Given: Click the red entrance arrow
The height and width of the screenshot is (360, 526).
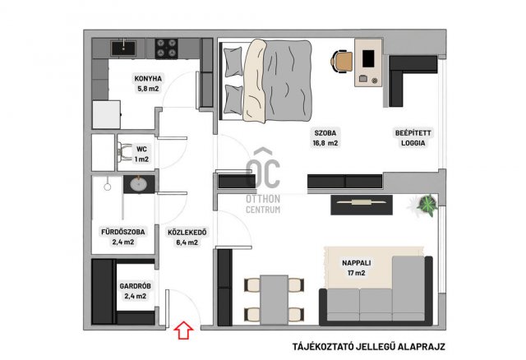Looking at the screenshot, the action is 183,330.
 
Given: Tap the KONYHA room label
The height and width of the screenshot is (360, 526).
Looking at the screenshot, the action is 148,79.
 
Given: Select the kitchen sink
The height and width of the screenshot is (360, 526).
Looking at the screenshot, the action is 123,48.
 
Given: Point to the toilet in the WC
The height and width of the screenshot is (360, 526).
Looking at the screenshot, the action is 124,153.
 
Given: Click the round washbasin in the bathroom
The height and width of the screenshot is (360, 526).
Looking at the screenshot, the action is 139,183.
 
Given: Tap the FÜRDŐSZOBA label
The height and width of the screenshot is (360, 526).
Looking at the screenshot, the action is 123,232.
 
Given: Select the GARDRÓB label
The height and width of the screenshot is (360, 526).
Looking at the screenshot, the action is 135,286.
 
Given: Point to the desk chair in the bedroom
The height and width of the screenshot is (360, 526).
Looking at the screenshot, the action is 342,61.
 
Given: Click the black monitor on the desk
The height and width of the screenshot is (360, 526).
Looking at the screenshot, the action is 368,58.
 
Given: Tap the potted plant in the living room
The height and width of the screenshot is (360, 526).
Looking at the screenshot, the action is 427,204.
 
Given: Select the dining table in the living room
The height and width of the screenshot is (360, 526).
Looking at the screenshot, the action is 274,300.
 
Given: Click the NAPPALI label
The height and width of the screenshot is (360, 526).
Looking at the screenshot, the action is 356,263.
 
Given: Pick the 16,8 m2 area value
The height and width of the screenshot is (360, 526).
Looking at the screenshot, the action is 325,143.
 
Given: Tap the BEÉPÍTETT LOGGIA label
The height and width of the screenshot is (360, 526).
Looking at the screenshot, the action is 413,138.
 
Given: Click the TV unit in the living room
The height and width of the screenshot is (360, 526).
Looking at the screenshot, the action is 362,205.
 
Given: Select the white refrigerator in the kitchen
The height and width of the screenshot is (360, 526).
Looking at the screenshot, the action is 106,115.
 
